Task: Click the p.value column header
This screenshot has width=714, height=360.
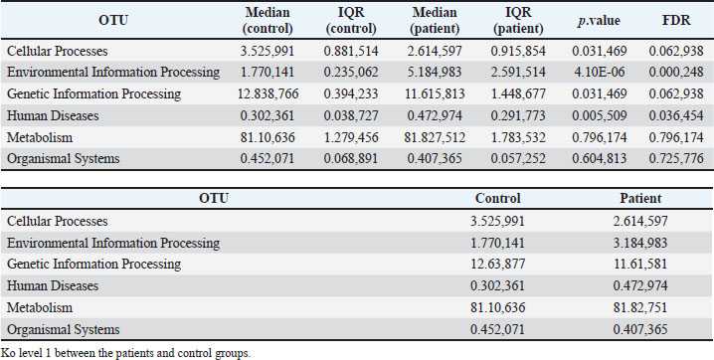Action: [x=599, y=21]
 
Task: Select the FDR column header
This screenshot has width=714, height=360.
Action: [x=676, y=20]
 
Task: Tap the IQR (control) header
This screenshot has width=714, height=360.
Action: [x=351, y=21]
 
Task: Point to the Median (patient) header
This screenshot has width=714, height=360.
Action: [x=435, y=21]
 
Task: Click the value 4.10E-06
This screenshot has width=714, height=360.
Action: [x=600, y=72]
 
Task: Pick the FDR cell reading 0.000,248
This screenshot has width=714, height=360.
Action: [x=676, y=72]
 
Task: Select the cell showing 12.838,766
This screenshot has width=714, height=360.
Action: [x=268, y=93]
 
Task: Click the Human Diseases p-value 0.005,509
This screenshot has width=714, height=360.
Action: [x=600, y=115]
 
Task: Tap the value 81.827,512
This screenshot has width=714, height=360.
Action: [x=435, y=137]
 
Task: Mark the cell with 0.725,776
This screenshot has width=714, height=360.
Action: [x=676, y=158]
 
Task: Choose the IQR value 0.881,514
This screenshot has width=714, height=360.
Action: [x=351, y=51]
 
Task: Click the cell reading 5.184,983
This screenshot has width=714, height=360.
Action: [x=435, y=72]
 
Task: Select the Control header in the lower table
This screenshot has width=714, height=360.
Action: [x=497, y=199]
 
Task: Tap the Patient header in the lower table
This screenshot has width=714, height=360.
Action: [x=640, y=199]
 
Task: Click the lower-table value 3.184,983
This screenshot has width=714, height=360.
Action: [x=640, y=243]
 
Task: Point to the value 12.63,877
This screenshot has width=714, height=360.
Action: [x=497, y=264]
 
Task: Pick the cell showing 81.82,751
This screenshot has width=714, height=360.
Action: [x=640, y=307]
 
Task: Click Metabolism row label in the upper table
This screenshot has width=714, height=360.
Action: [x=40, y=137]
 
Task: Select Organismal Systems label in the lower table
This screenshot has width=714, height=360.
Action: [x=64, y=329]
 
